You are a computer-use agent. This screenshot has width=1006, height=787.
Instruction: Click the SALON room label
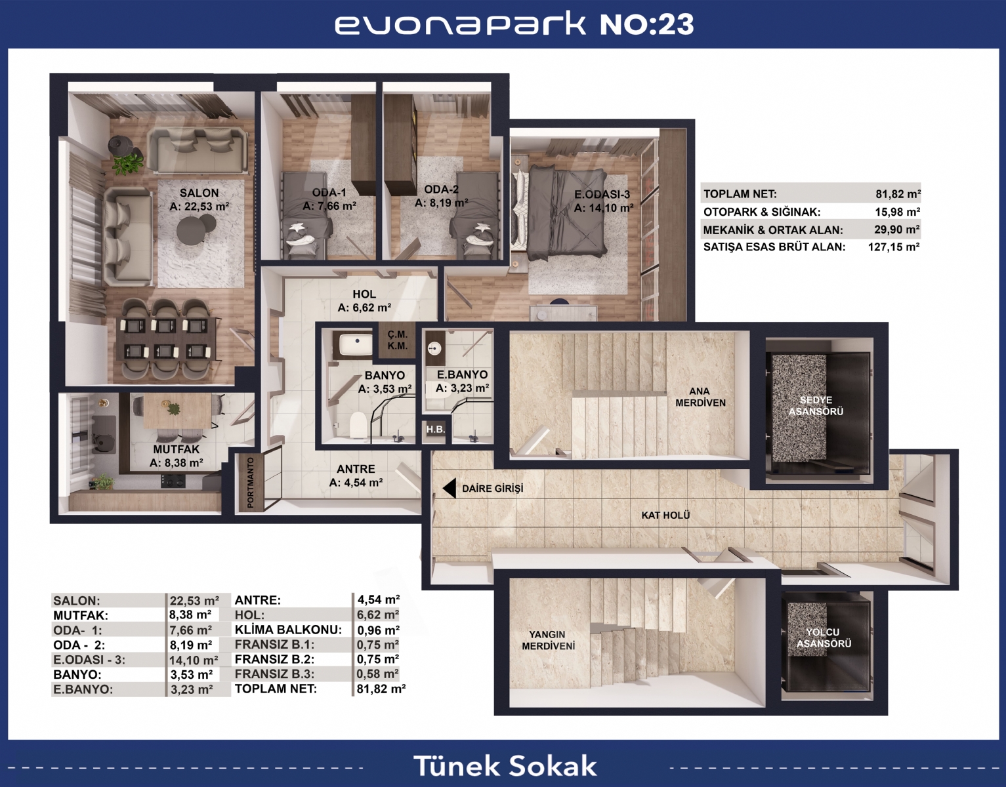pyautogui.click(x=199, y=193)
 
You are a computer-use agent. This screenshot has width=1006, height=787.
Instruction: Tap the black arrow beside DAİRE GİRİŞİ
pyautogui.click(x=449, y=488)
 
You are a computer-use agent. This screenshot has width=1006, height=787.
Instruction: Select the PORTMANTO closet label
pyautogui.click(x=251, y=483)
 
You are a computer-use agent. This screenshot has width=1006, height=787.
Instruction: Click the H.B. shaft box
pyautogui.click(x=435, y=430)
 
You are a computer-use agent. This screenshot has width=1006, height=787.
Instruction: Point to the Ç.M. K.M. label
pyautogui.click(x=397, y=340)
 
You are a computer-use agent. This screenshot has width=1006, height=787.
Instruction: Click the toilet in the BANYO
pyautogui.click(x=359, y=424)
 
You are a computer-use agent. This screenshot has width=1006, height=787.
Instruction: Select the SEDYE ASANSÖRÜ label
pyautogui.click(x=816, y=406)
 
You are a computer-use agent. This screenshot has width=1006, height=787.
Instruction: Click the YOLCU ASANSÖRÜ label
pyautogui.click(x=824, y=637)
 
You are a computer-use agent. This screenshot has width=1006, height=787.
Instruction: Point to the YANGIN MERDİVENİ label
pyautogui.click(x=548, y=640)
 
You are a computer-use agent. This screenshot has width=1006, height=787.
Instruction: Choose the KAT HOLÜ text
pyautogui.click(x=665, y=515)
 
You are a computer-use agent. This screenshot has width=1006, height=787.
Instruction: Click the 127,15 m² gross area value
pyautogui.click(x=894, y=247)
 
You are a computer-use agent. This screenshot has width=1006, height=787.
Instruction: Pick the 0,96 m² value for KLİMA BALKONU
pyautogui.click(x=378, y=630)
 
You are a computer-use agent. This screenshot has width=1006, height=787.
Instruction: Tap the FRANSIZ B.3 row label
pyautogui.click(x=274, y=674)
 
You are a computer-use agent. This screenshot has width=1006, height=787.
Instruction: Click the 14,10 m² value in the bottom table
pyautogui.click(x=193, y=660)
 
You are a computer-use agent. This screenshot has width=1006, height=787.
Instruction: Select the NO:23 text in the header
pyautogui.click(x=647, y=24)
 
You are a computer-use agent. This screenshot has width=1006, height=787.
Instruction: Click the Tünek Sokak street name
pyautogui.click(x=505, y=766)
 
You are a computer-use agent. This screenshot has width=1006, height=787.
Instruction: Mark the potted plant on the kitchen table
pyautogui.click(x=173, y=408)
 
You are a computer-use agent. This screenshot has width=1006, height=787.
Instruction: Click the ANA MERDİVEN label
pyautogui.click(x=700, y=397)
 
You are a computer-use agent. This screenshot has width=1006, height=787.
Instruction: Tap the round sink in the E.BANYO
pyautogui.click(x=434, y=349)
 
